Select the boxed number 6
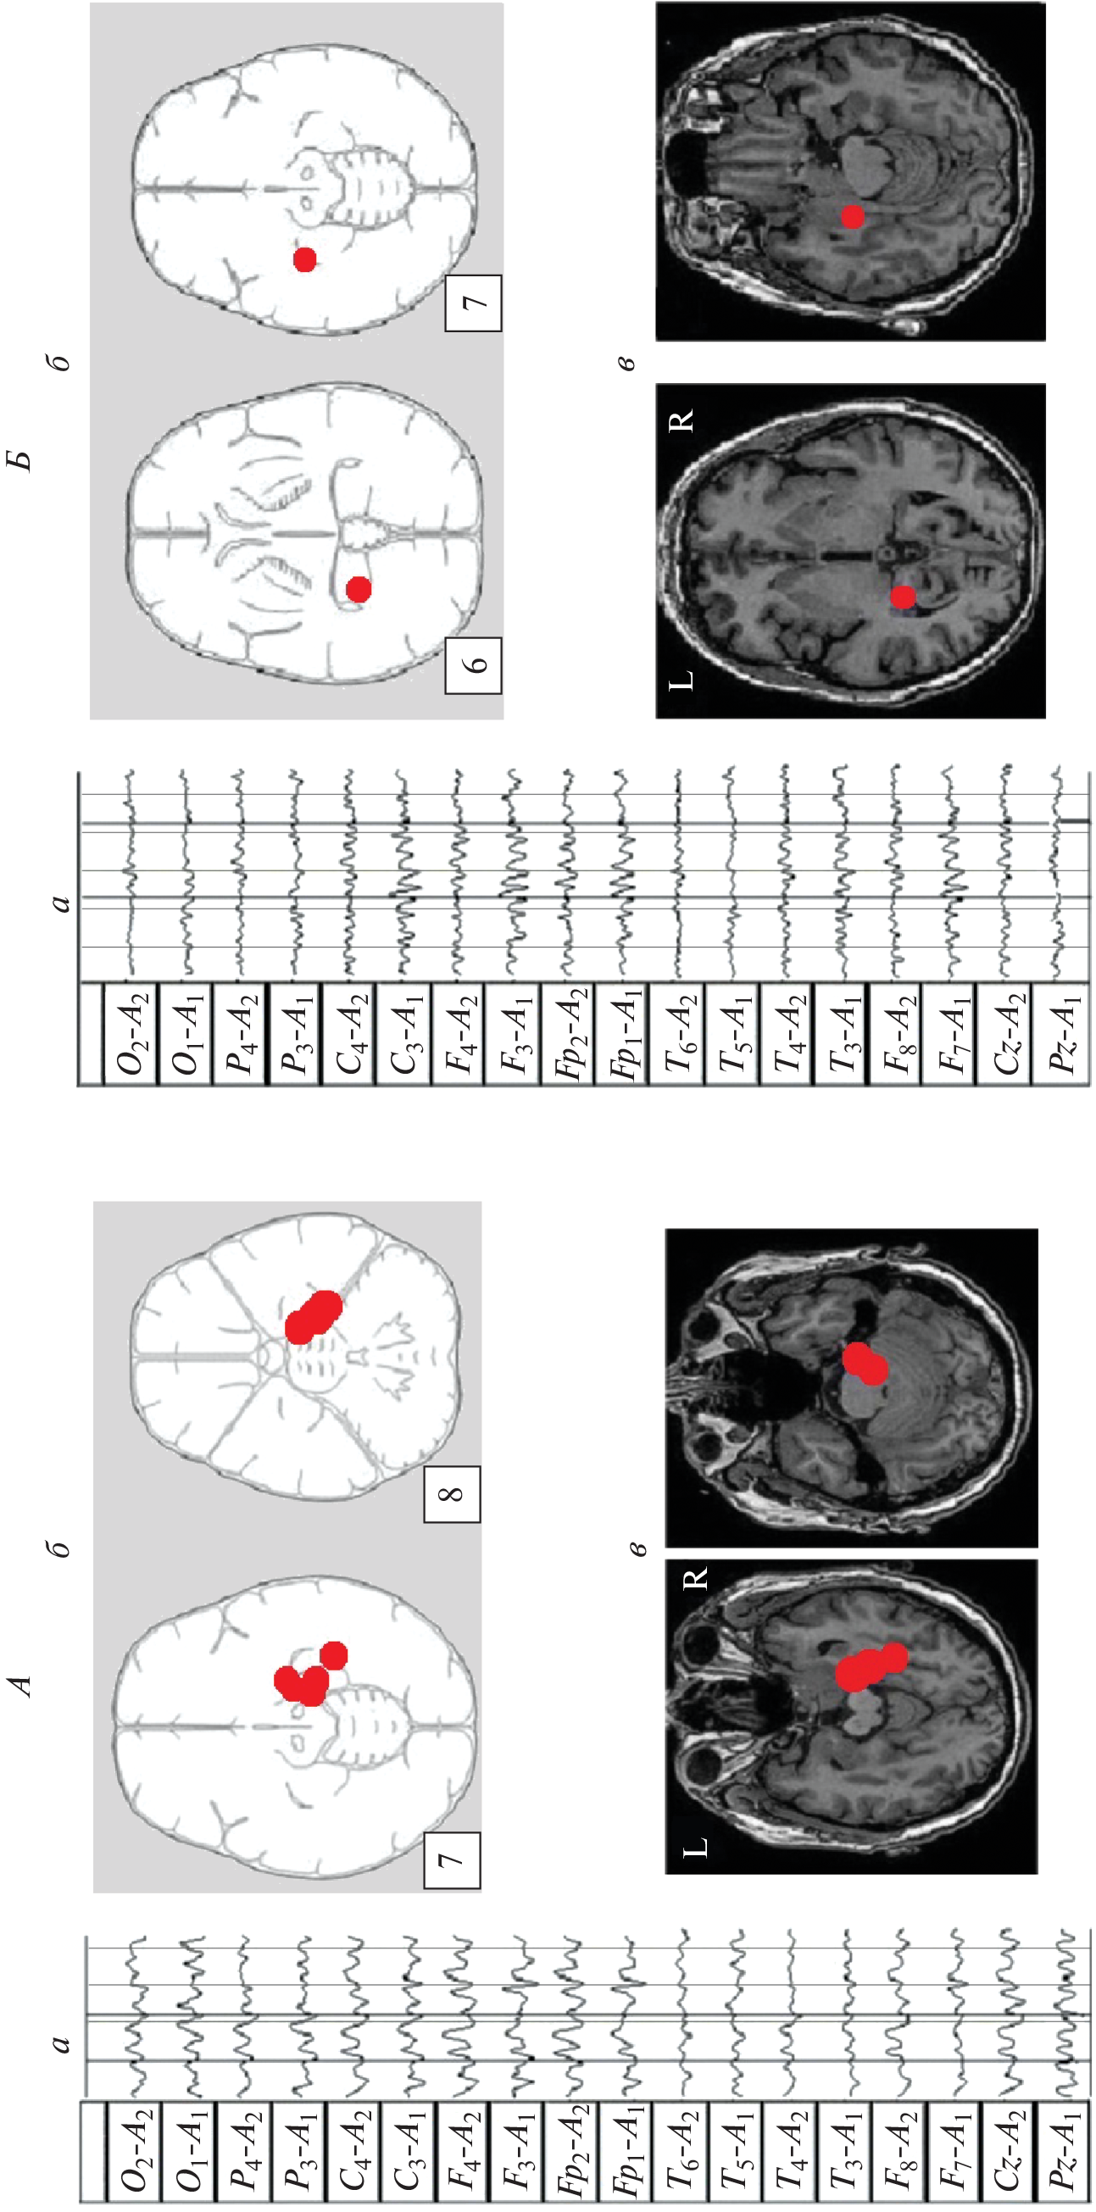(474, 664)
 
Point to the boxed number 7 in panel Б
(474, 303)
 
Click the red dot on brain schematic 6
(359, 589)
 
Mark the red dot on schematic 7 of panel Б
(305, 259)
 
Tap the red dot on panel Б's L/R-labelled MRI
(902, 596)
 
